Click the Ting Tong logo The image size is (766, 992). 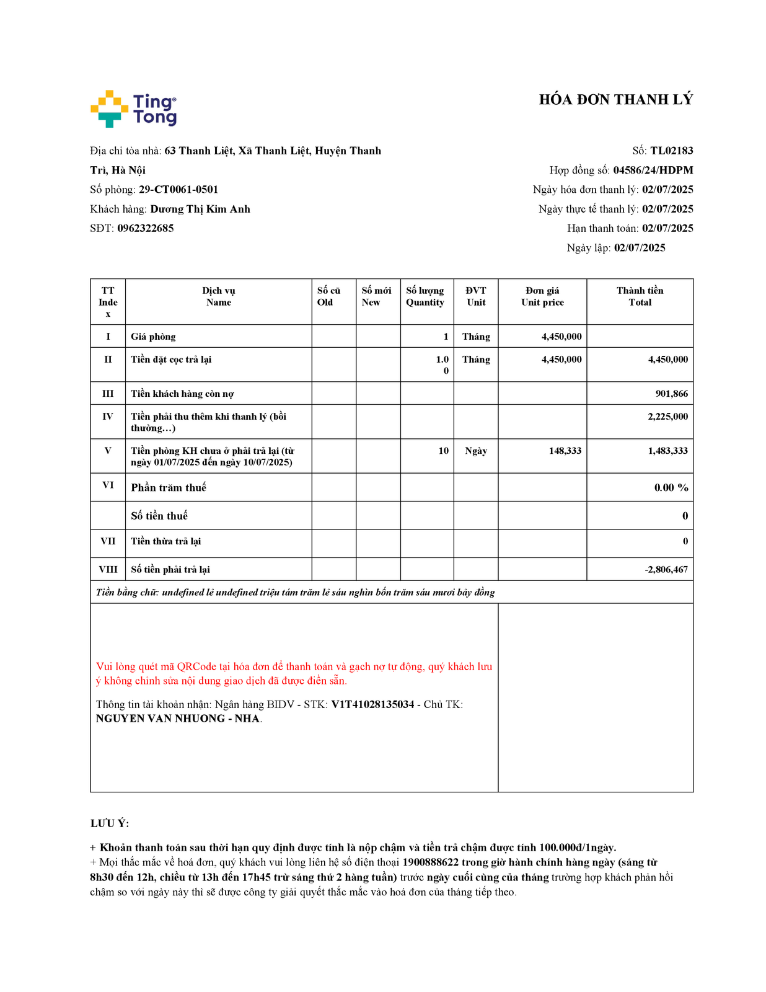[133, 109]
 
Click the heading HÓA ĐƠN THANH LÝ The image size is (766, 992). [615, 100]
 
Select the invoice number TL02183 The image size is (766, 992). [671, 151]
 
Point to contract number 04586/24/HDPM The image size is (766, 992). [653, 170]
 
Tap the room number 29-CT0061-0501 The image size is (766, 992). [178, 190]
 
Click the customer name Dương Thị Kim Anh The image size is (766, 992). [200, 209]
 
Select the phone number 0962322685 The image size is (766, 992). [146, 228]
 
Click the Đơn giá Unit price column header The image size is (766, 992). [542, 296]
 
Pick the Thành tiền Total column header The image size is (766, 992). [640, 296]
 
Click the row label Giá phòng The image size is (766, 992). [153, 337]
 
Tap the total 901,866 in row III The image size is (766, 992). [671, 394]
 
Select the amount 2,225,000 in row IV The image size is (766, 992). [667, 417]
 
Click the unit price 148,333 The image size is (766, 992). [565, 451]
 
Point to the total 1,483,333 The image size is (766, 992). [667, 451]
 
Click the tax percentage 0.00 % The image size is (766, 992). [671, 488]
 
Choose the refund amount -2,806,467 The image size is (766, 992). [666, 570]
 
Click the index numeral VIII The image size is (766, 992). [108, 570]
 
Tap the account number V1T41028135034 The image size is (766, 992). [372, 704]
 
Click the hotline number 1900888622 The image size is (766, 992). [430, 862]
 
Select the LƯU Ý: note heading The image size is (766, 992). [110, 823]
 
